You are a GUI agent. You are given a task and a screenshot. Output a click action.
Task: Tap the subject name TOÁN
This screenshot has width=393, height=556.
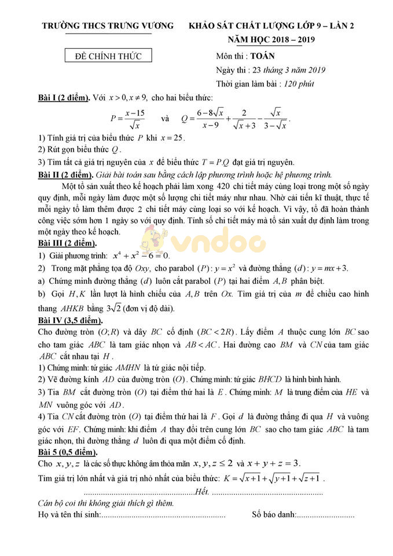pos(263,56)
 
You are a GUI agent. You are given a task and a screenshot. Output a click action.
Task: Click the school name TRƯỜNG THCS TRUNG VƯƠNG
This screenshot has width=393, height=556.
pos(108,26)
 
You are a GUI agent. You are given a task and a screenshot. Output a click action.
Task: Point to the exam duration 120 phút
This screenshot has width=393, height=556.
pos(299,83)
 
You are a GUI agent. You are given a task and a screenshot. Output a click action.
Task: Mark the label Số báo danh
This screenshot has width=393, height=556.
pos(273,514)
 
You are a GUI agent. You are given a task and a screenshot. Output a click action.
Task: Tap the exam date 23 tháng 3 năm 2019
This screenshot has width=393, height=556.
pos(287,70)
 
